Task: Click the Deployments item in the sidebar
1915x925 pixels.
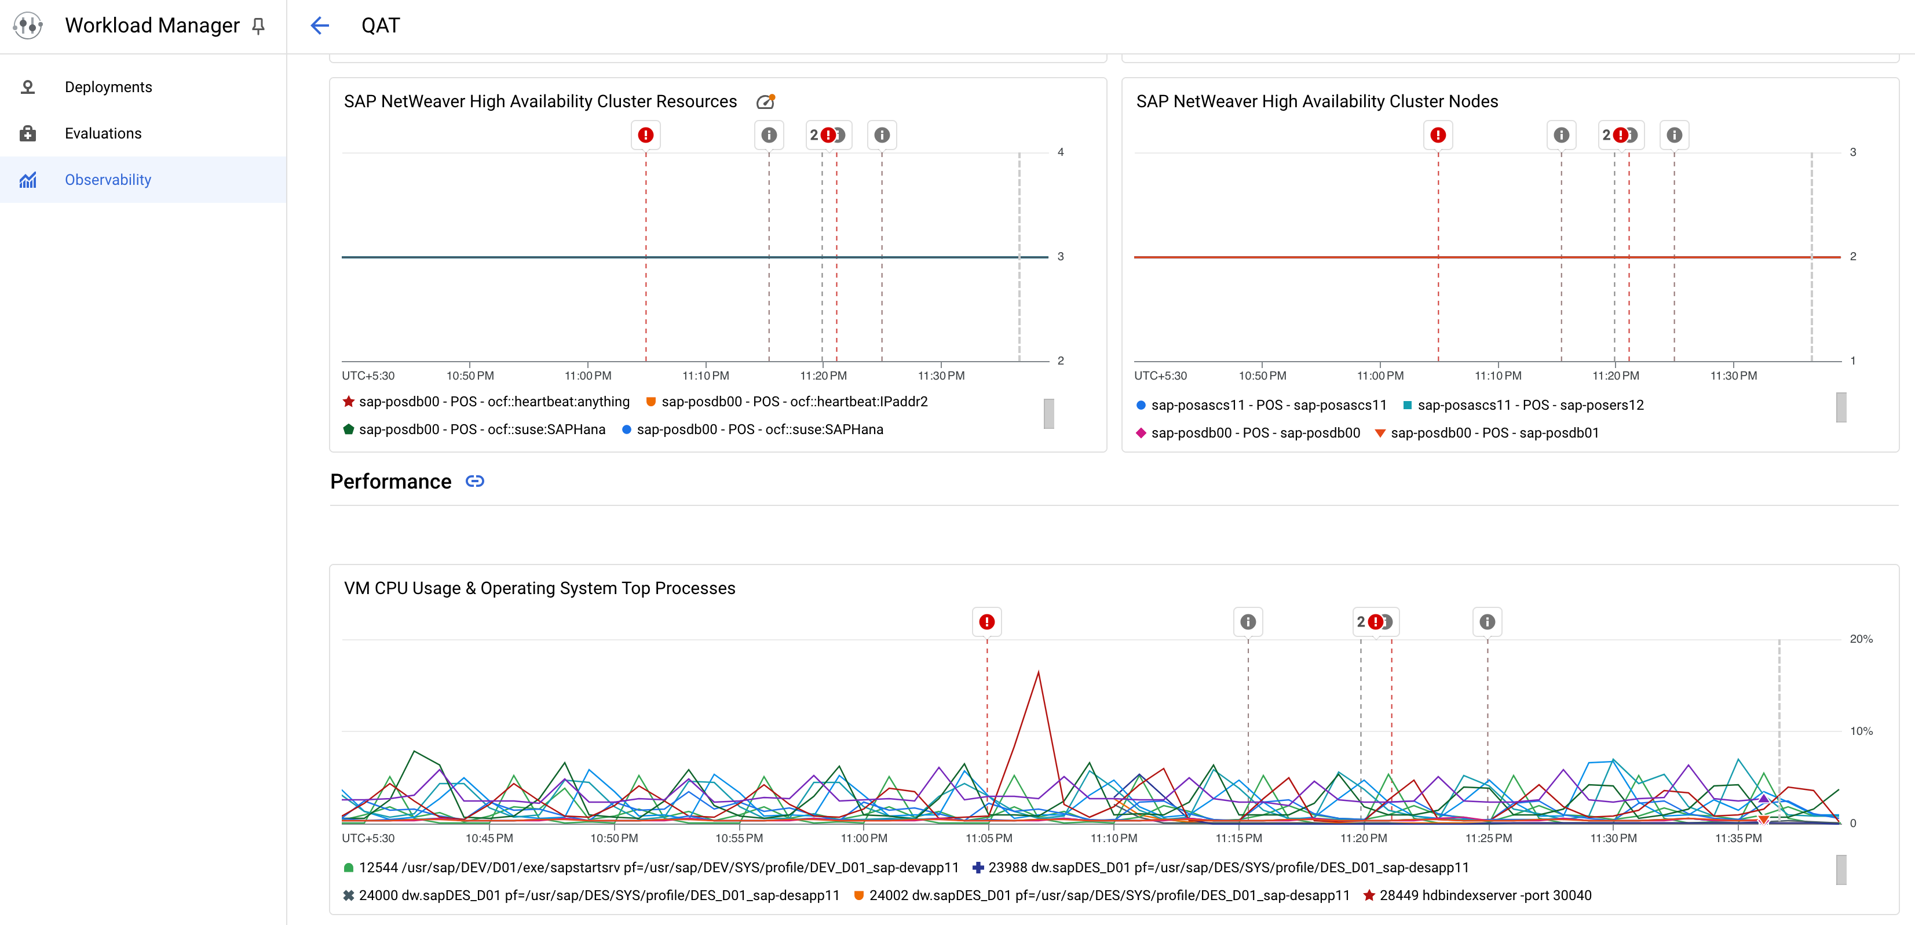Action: tap(108, 87)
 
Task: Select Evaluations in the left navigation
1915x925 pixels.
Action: tap(103, 133)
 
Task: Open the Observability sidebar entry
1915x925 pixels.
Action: tap(108, 179)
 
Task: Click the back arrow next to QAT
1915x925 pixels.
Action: tap(320, 26)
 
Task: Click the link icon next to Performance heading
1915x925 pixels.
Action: tap(474, 481)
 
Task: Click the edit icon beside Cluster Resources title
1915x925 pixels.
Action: tap(765, 102)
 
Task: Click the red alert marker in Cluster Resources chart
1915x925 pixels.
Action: tap(645, 135)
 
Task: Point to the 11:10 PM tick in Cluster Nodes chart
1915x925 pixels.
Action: tap(1497, 376)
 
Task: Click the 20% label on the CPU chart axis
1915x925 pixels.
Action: tap(1861, 639)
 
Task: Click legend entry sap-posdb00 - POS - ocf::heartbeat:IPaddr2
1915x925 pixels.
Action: tap(794, 402)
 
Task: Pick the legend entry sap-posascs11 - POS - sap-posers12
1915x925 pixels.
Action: tap(1530, 405)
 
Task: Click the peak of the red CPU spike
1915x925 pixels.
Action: tap(1038, 672)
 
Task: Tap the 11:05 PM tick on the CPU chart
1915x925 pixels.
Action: tap(988, 838)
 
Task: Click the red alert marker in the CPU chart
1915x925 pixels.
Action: tap(986, 622)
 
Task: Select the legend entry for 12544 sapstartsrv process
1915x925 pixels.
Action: tap(658, 868)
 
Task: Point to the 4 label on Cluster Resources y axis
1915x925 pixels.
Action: tap(1061, 152)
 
